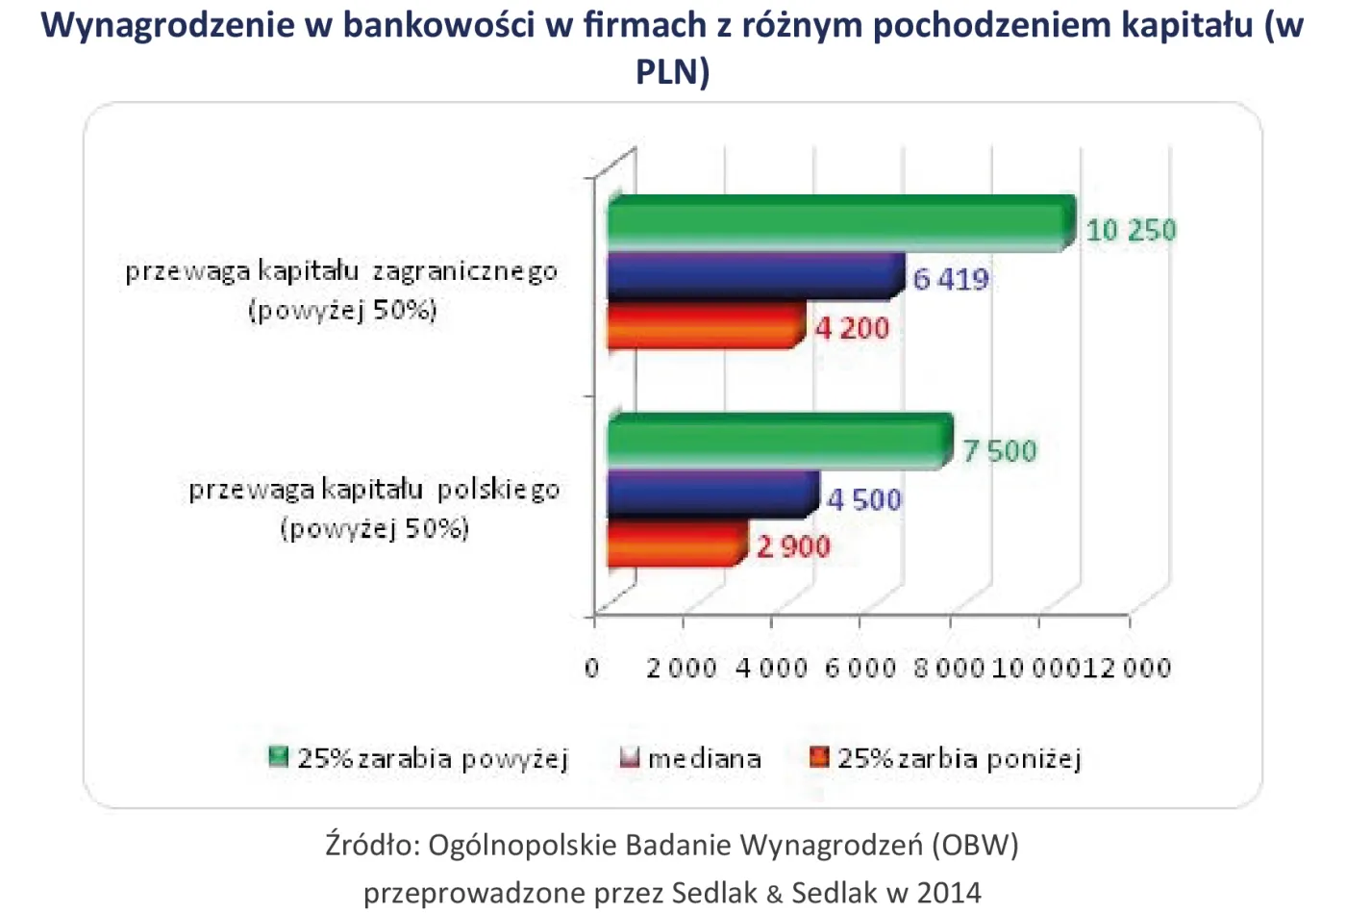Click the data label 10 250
pos(1131,230)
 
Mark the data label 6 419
pos(951,279)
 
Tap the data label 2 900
pos(793,546)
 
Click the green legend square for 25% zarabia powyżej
pos(279,756)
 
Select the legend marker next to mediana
pos(630,757)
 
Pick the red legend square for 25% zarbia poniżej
pos(819,757)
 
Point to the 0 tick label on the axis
pos(592,668)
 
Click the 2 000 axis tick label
pos(681,668)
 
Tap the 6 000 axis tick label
pos(860,668)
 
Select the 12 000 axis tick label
pos(1127,668)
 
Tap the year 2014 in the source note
pos(949,892)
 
